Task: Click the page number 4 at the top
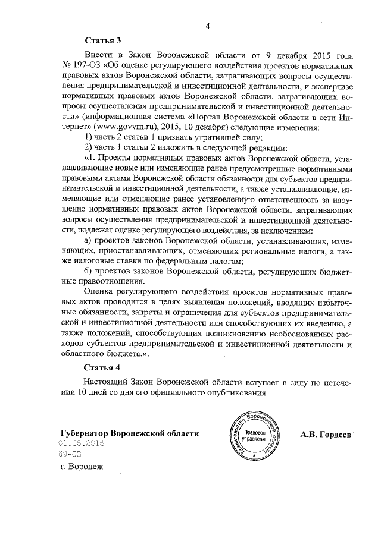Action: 208,26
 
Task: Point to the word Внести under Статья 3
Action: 100,55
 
